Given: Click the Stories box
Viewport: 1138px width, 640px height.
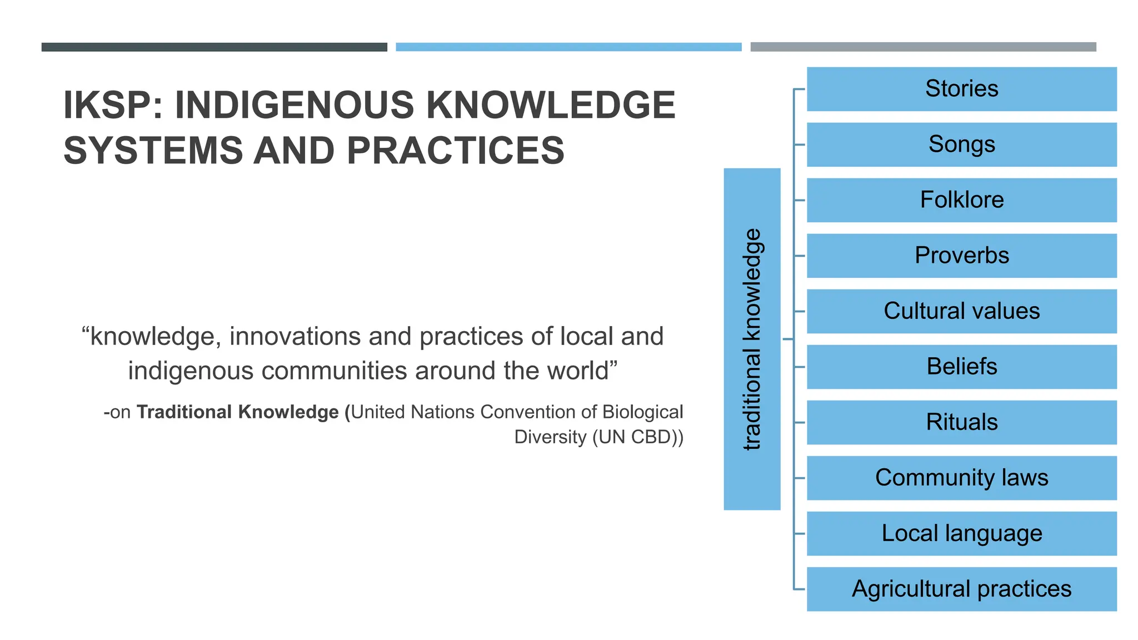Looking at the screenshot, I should pos(961,89).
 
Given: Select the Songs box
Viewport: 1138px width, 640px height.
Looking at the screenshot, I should pos(961,144).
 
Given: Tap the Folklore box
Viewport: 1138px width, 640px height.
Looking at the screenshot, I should pos(961,200).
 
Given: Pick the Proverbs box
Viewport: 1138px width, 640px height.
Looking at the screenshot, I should pos(961,256).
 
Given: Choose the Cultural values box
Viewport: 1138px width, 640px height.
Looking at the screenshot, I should pos(961,311).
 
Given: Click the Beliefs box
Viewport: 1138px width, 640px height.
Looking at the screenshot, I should pos(961,367).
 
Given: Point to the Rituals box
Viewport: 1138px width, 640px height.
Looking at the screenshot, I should pos(961,422).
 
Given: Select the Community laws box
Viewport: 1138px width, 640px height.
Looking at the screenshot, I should pos(961,478).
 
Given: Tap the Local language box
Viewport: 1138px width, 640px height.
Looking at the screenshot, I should pos(961,533).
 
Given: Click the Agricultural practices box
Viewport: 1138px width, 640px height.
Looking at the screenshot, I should pos(961,589).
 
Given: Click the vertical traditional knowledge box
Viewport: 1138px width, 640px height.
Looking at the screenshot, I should pos(752,339).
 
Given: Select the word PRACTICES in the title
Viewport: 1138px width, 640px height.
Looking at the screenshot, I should pos(456,151).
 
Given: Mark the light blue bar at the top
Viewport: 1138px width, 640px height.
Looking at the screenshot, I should pos(568,47).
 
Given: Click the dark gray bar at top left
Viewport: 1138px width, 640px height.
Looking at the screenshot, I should pos(214,47).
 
